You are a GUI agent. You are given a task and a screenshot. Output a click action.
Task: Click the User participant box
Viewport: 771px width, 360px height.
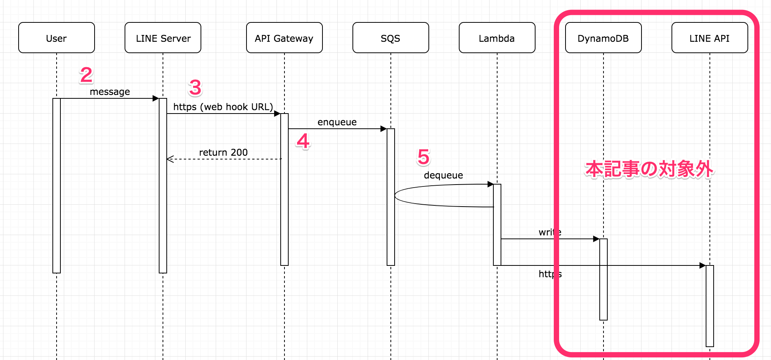56,38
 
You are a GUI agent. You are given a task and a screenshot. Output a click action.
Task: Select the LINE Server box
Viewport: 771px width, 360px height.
163,38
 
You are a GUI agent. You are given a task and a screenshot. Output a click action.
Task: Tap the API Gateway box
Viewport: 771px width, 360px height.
284,38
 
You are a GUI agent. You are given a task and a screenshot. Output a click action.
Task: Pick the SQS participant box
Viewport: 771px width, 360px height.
390,38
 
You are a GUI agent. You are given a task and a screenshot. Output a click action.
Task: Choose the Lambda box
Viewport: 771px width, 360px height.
497,38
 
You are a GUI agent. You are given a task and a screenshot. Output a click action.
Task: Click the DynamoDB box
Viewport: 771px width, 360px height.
603,38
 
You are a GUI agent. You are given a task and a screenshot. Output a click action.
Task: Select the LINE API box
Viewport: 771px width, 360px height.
709,38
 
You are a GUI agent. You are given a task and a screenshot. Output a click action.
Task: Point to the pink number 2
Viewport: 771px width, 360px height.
86,75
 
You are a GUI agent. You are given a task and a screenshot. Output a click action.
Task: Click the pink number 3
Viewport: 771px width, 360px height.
195,88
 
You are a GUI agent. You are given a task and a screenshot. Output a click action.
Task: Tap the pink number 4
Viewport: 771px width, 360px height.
303,141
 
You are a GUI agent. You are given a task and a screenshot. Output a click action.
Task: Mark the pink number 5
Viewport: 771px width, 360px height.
423,157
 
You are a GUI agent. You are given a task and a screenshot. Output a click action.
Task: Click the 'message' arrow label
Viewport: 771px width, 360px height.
110,92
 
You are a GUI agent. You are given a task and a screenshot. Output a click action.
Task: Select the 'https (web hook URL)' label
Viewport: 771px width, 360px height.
223,107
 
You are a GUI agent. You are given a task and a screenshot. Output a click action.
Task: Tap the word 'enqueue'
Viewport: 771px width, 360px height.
337,122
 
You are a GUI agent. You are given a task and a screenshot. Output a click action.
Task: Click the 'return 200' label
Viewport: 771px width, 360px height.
223,153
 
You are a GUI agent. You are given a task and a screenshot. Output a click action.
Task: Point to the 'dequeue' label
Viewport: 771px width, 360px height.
443,175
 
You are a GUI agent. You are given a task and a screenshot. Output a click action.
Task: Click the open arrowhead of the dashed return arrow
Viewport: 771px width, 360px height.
170,159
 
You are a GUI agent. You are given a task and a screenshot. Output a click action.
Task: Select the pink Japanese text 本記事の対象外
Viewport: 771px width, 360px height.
649,169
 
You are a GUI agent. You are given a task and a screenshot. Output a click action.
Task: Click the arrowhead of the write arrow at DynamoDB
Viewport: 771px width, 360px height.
596,239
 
